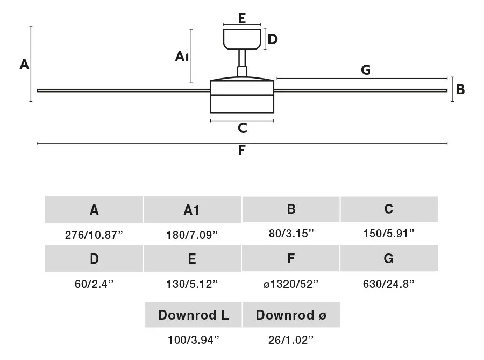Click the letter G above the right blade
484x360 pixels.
pos(366,70)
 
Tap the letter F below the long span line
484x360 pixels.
pos(241,150)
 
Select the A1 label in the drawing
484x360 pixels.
pos(182,57)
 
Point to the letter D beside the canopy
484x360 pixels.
pos(273,39)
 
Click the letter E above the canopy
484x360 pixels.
pos(242,18)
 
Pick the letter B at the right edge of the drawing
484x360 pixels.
pos(460,89)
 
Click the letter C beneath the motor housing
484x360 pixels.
pos(243,128)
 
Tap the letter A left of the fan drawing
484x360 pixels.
pos(24,64)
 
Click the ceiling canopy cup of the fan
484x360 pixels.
pos(242,39)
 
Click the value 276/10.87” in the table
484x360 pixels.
pos(94,235)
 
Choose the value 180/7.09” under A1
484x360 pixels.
pos(192,235)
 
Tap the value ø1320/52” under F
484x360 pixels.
pos(291,284)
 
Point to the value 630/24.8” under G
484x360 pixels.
pos(389,284)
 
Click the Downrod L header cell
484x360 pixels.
pos(193,315)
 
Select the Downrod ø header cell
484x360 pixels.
pos(291,315)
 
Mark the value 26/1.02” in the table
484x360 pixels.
pos(291,340)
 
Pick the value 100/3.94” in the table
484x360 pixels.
pos(193,340)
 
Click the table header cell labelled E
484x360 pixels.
pos(192,259)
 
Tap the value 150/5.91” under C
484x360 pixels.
pos(389,234)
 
